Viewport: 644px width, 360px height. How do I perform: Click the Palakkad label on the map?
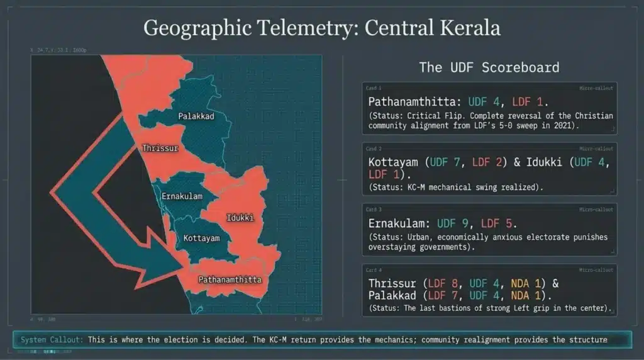(197, 116)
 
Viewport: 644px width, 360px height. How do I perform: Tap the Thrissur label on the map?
(160, 149)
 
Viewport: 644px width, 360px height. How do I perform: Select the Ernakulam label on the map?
(182, 196)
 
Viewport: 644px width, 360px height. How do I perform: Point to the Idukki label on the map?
(239, 218)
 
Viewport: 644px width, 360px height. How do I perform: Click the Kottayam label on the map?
(201, 239)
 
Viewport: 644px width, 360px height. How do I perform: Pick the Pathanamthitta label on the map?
(229, 279)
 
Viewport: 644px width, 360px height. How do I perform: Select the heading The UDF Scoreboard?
(489, 67)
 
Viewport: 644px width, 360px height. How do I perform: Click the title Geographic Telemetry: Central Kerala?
(321, 28)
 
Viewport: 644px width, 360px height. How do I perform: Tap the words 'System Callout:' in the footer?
(52, 340)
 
